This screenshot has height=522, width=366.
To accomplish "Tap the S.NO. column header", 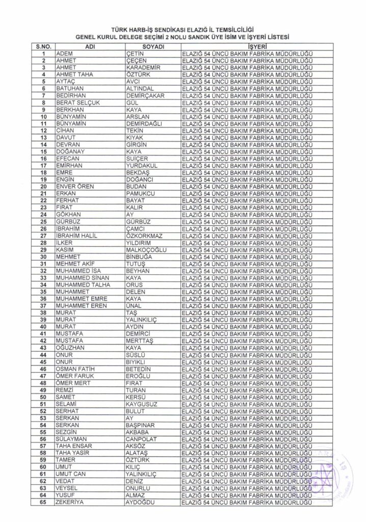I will (44, 46).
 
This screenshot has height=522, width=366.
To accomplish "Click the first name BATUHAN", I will (69, 89).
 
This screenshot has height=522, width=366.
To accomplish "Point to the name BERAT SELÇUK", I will (77, 102).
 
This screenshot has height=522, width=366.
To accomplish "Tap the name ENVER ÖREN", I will (75, 187).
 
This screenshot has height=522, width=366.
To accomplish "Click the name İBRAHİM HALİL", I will (76, 236).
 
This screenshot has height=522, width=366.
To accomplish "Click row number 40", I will (44, 327).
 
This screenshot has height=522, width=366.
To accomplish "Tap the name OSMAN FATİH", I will (75, 369).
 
